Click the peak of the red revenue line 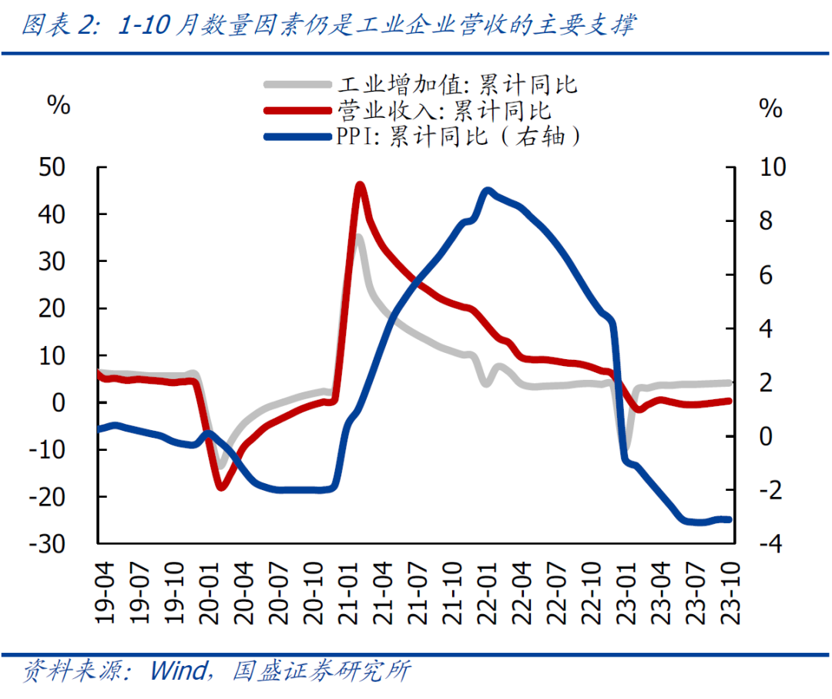(359, 185)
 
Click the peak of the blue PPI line (487, 190)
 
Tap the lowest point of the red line (222, 486)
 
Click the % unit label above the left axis (59, 106)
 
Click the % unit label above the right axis (770, 108)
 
